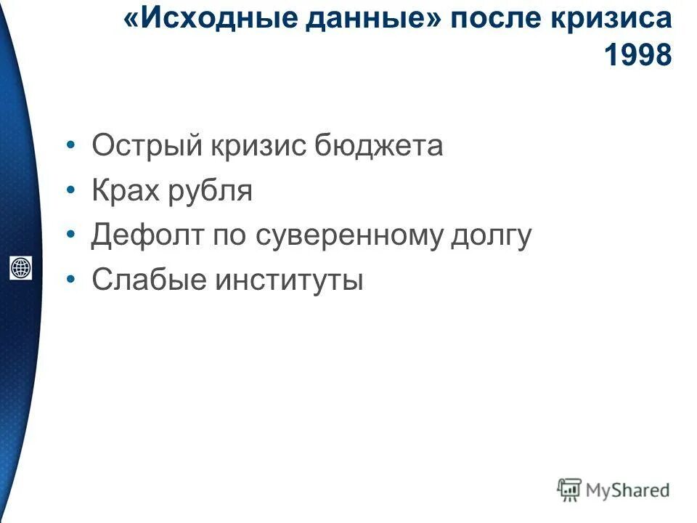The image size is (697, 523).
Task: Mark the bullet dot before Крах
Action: click(70, 192)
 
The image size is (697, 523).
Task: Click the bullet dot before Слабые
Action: click(70, 280)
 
